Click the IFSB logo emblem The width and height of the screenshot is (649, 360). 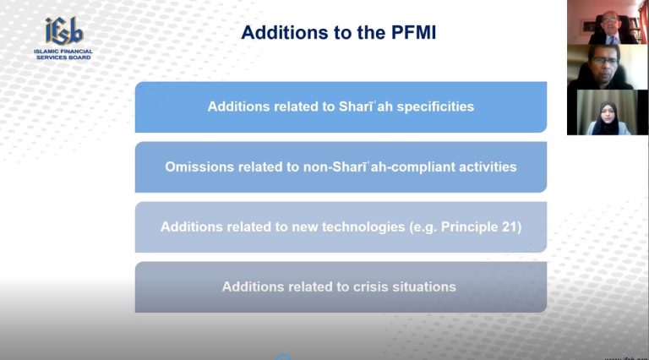[x=64, y=31]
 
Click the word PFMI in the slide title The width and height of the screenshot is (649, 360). [x=413, y=32]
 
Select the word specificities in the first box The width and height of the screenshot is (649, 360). [x=435, y=106]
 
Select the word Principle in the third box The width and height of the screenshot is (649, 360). [x=469, y=226]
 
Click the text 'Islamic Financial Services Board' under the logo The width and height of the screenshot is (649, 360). [x=63, y=54]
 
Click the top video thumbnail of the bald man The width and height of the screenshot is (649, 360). [x=607, y=22]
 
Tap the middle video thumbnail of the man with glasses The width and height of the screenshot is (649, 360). [x=607, y=67]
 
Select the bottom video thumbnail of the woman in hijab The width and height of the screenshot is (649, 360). [x=607, y=112]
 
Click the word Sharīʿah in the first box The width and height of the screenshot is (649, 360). [x=365, y=106]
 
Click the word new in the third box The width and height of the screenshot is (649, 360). [x=305, y=227]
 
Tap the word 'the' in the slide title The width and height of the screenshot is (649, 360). [x=371, y=32]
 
